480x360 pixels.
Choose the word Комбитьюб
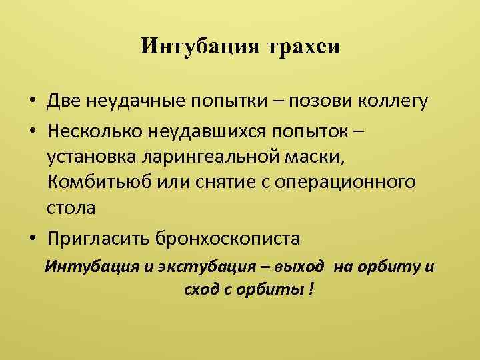(x=97, y=182)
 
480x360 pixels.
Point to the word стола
(x=71, y=208)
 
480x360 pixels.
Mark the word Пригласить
(x=99, y=237)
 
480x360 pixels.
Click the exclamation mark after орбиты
(x=311, y=291)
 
